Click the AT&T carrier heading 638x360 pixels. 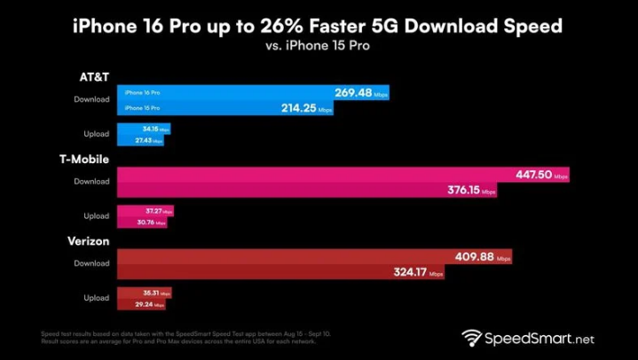point(93,76)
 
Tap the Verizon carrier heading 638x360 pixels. point(87,241)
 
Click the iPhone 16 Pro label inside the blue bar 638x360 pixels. point(143,92)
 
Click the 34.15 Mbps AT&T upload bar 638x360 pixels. point(144,129)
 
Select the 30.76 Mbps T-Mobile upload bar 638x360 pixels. point(142,222)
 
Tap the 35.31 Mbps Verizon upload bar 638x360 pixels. point(144,293)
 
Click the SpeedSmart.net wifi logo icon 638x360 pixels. point(472,339)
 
